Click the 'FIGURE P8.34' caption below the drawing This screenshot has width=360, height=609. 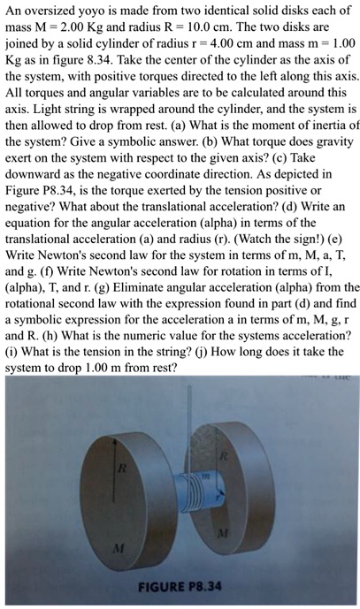click(x=181, y=586)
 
